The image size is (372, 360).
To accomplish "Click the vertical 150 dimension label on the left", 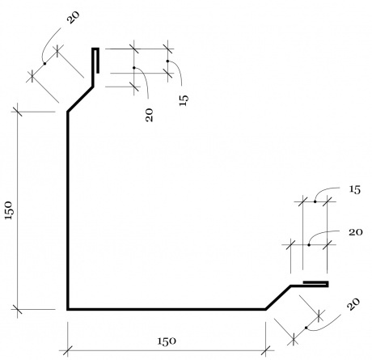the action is point(9,210).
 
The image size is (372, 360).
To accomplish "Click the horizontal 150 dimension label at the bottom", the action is point(167,341).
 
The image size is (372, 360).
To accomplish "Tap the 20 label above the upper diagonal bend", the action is point(74,18).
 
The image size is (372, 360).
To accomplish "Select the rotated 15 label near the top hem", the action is point(184,100).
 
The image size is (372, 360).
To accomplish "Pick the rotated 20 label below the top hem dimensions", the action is point(149,115).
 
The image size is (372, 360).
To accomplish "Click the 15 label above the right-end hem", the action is point(355,190).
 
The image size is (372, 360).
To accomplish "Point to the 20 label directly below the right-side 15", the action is point(356,232).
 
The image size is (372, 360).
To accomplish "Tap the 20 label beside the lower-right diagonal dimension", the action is point(353,304).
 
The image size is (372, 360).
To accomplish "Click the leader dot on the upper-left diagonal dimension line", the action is point(44,64).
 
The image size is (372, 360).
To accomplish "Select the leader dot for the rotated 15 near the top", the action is point(167,61).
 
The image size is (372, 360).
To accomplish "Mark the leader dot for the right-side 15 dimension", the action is point(315,201).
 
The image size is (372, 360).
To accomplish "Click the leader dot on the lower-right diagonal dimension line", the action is point(306,328).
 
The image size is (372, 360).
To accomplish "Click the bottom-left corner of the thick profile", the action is point(68,310).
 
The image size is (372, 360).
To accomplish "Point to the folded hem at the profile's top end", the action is point(95,61).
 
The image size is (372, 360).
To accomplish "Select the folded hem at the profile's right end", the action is point(315,284).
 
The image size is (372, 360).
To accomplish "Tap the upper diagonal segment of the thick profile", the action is point(80,99).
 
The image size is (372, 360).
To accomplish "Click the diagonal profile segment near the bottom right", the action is point(278,298).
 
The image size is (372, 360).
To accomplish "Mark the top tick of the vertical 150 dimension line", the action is point(18,112).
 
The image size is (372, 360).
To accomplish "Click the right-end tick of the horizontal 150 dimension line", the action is point(265,351).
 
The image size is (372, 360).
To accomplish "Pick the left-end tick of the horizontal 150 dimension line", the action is point(68,351).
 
